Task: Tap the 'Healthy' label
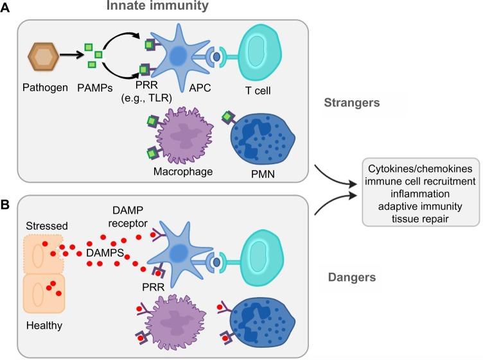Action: pyautogui.click(x=44, y=325)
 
